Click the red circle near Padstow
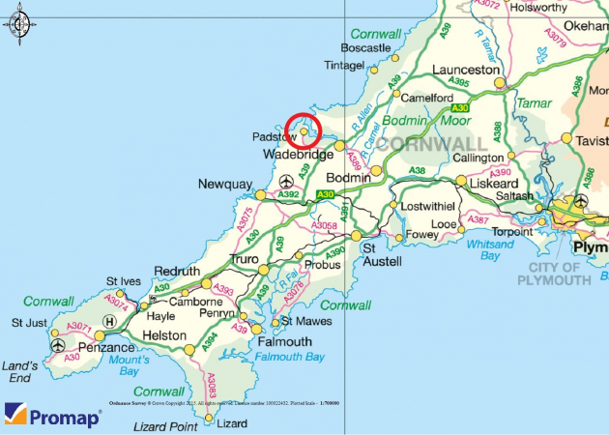pyautogui.click(x=304, y=130)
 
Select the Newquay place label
pyautogui.click(x=225, y=185)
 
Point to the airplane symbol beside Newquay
pyautogui.click(x=286, y=182)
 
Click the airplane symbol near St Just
pyautogui.click(x=58, y=345)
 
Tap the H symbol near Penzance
pyautogui.click(x=109, y=321)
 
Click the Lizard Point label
pyautogui.click(x=164, y=426)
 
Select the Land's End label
pyautogui.click(x=20, y=372)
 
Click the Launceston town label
pyautogui.click(x=467, y=71)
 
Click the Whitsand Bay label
pyautogui.click(x=489, y=249)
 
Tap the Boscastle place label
pyautogui.click(x=365, y=47)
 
